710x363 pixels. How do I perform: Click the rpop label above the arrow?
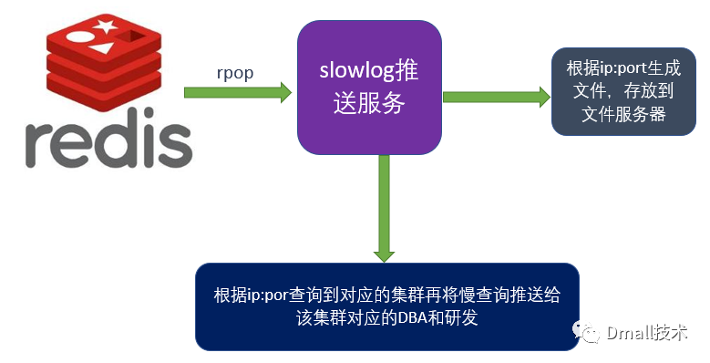click(x=235, y=73)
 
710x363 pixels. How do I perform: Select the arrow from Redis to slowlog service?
click(x=238, y=92)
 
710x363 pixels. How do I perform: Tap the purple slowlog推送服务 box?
click(x=369, y=88)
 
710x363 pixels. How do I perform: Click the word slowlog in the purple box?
click(x=351, y=71)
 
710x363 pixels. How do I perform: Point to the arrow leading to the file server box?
click(x=497, y=97)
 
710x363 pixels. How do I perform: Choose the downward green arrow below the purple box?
click(x=384, y=209)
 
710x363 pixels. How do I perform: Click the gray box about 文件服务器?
click(x=623, y=91)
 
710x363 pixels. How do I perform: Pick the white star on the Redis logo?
click(x=106, y=25)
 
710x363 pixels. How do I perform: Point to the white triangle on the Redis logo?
click(x=101, y=47)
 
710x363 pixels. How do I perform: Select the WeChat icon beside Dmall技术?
click(x=587, y=332)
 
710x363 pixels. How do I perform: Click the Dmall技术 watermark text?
click(x=647, y=333)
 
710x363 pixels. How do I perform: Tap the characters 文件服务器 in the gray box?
click(x=624, y=114)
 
